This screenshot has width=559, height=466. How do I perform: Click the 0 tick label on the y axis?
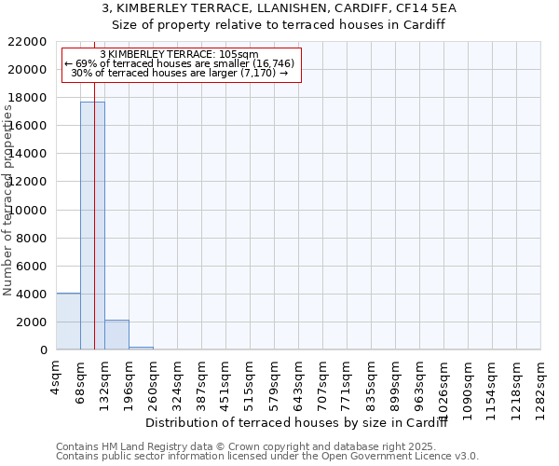44,350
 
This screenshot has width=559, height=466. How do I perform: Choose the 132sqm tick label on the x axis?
104,382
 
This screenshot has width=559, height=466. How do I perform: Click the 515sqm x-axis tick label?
250,382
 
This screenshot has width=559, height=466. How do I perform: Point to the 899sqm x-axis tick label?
395,382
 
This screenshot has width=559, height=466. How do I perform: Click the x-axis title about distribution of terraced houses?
298,423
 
